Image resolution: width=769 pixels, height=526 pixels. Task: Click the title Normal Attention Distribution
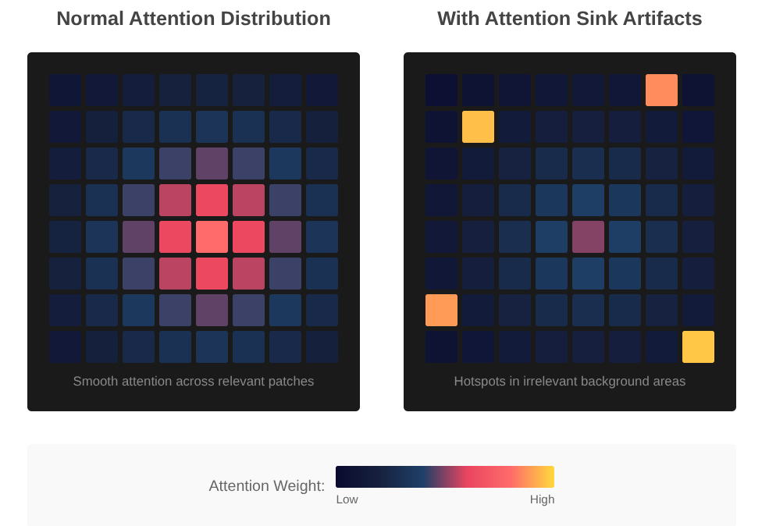click(x=193, y=19)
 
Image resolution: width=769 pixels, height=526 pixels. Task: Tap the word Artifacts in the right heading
click(x=663, y=19)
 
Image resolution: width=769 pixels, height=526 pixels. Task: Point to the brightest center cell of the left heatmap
click(x=212, y=236)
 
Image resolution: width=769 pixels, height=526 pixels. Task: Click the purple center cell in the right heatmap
click(x=588, y=236)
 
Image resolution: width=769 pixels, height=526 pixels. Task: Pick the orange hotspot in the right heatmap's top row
click(x=661, y=90)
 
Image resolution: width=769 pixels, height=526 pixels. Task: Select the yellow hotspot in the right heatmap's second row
click(x=478, y=126)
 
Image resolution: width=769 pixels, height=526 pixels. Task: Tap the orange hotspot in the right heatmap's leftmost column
click(x=441, y=310)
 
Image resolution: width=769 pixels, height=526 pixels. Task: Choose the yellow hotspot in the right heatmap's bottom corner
click(x=698, y=347)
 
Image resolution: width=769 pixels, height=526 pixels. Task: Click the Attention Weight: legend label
click(x=266, y=486)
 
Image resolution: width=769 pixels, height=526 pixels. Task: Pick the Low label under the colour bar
click(x=347, y=499)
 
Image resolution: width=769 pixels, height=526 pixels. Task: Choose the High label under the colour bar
click(x=542, y=499)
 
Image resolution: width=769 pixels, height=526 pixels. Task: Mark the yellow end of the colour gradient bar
click(x=549, y=477)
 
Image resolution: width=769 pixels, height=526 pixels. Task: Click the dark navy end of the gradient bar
click(x=341, y=477)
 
